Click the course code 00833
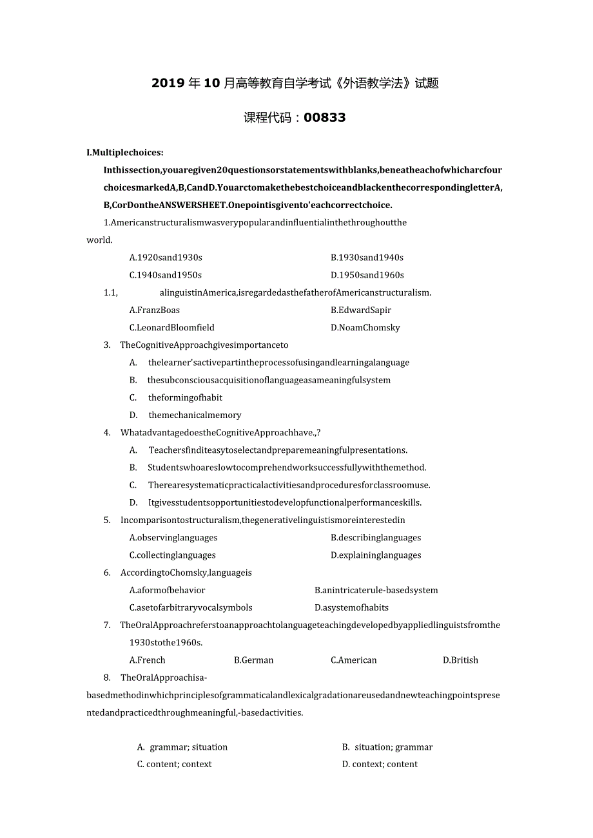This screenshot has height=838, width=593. pos(324,117)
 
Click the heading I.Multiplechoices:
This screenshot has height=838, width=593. pos(125,153)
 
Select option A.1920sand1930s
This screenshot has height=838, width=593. pos(166,257)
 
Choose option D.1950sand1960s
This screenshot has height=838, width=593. pos(367,274)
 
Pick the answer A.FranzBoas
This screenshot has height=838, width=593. pos(155,310)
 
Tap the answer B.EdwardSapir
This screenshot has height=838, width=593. pos(361,310)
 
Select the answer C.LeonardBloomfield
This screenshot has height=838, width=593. pos(171,327)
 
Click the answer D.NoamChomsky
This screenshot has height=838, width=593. pos(365,327)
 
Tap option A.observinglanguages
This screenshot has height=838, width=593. pos(173,537)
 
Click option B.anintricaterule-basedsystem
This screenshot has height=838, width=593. pos(376,589)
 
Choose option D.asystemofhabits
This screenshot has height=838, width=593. pos(351,607)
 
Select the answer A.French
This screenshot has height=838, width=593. pos(148,660)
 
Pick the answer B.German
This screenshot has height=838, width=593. pos(254,660)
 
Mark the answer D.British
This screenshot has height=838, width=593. pos(460,660)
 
